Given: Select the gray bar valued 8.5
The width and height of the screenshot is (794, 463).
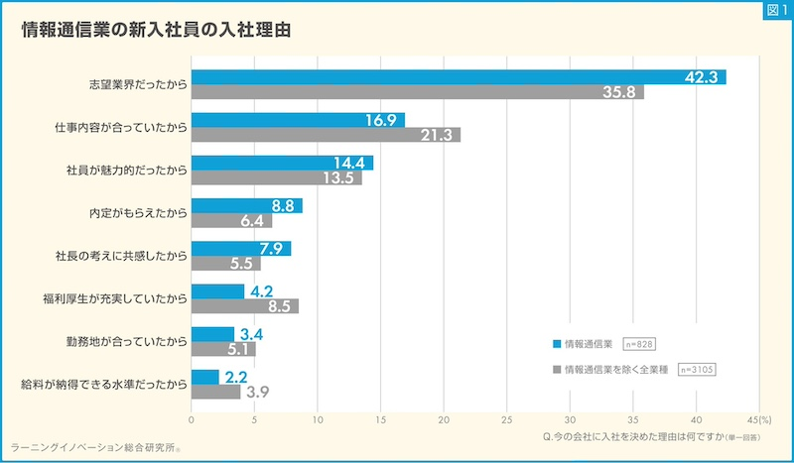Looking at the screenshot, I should tap(244, 306).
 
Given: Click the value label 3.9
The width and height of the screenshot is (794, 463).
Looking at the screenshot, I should tap(257, 393).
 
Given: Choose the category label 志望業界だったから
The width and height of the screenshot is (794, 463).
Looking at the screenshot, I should tap(138, 85).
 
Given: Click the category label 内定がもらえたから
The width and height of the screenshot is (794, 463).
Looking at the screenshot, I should tap(138, 213).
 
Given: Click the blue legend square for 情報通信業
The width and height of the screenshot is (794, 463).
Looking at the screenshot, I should tap(557, 344).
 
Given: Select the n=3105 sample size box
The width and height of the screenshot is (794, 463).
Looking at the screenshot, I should tap(696, 370).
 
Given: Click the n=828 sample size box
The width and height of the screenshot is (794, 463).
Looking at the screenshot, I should tap(638, 344).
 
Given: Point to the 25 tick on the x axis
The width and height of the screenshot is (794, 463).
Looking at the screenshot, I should tap(506, 420).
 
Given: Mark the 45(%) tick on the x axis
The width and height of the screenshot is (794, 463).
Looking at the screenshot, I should tap(758, 420).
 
